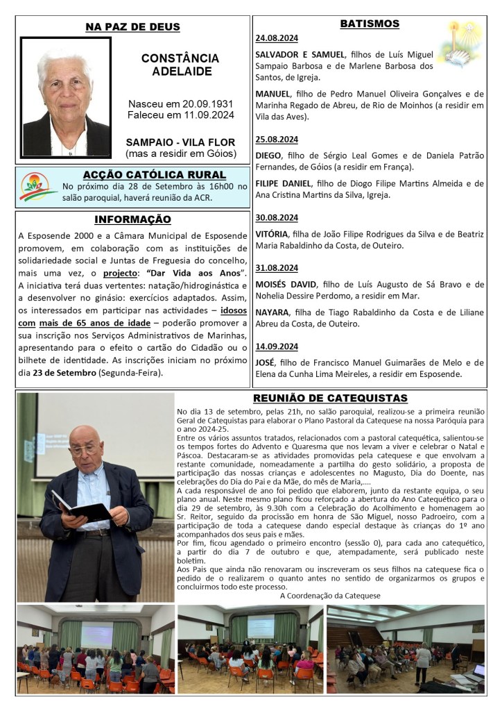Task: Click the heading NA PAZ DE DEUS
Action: (132, 27)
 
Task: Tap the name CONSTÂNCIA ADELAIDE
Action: (180, 65)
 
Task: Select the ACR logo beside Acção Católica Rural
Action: (38, 186)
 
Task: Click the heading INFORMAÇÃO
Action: (132, 219)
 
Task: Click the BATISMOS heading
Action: (370, 24)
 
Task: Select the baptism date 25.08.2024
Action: (277, 139)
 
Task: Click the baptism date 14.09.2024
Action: (277, 346)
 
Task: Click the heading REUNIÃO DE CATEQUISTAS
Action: (330, 399)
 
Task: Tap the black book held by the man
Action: (80, 507)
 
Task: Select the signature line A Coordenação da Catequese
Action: (330, 595)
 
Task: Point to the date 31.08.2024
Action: (277, 268)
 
